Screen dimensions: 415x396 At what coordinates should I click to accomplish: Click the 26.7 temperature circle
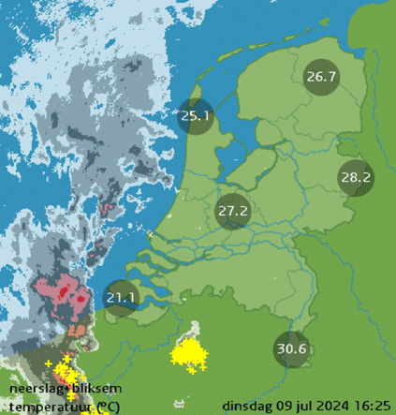pyautogui.click(x=321, y=77)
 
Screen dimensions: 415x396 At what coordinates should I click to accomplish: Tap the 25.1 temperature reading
pyautogui.click(x=196, y=117)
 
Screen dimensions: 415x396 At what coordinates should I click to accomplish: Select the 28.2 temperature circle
pyautogui.click(x=356, y=176)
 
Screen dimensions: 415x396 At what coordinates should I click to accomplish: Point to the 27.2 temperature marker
pyautogui.click(x=232, y=211)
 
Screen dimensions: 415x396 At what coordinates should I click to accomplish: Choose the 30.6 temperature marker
pyautogui.click(x=292, y=349)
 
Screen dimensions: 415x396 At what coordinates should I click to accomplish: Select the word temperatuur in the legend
pyautogui.click(x=43, y=406)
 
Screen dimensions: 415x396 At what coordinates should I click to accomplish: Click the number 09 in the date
pyautogui.click(x=286, y=405)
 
